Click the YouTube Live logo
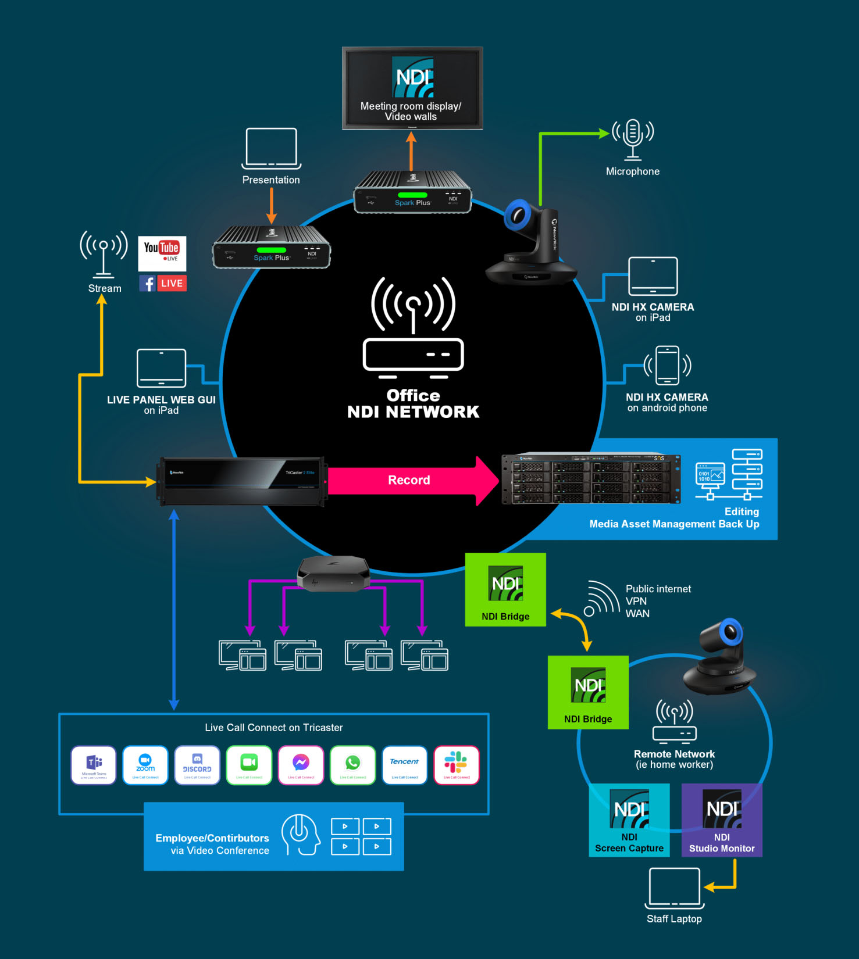coord(162,253)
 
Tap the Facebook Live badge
coord(162,283)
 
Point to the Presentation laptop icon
coord(271,148)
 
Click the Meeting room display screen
coord(412,88)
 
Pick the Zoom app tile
coord(145,765)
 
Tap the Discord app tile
coord(197,765)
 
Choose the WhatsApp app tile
coord(352,765)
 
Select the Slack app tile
coord(457,765)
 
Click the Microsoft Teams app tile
coord(94,765)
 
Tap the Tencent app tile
coord(404,765)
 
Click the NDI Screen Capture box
coord(629,820)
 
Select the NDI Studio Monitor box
coord(722,820)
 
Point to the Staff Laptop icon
coord(675,888)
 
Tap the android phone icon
coord(667,366)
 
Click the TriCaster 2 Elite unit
coord(242,481)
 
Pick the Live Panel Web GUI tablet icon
coord(161,368)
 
